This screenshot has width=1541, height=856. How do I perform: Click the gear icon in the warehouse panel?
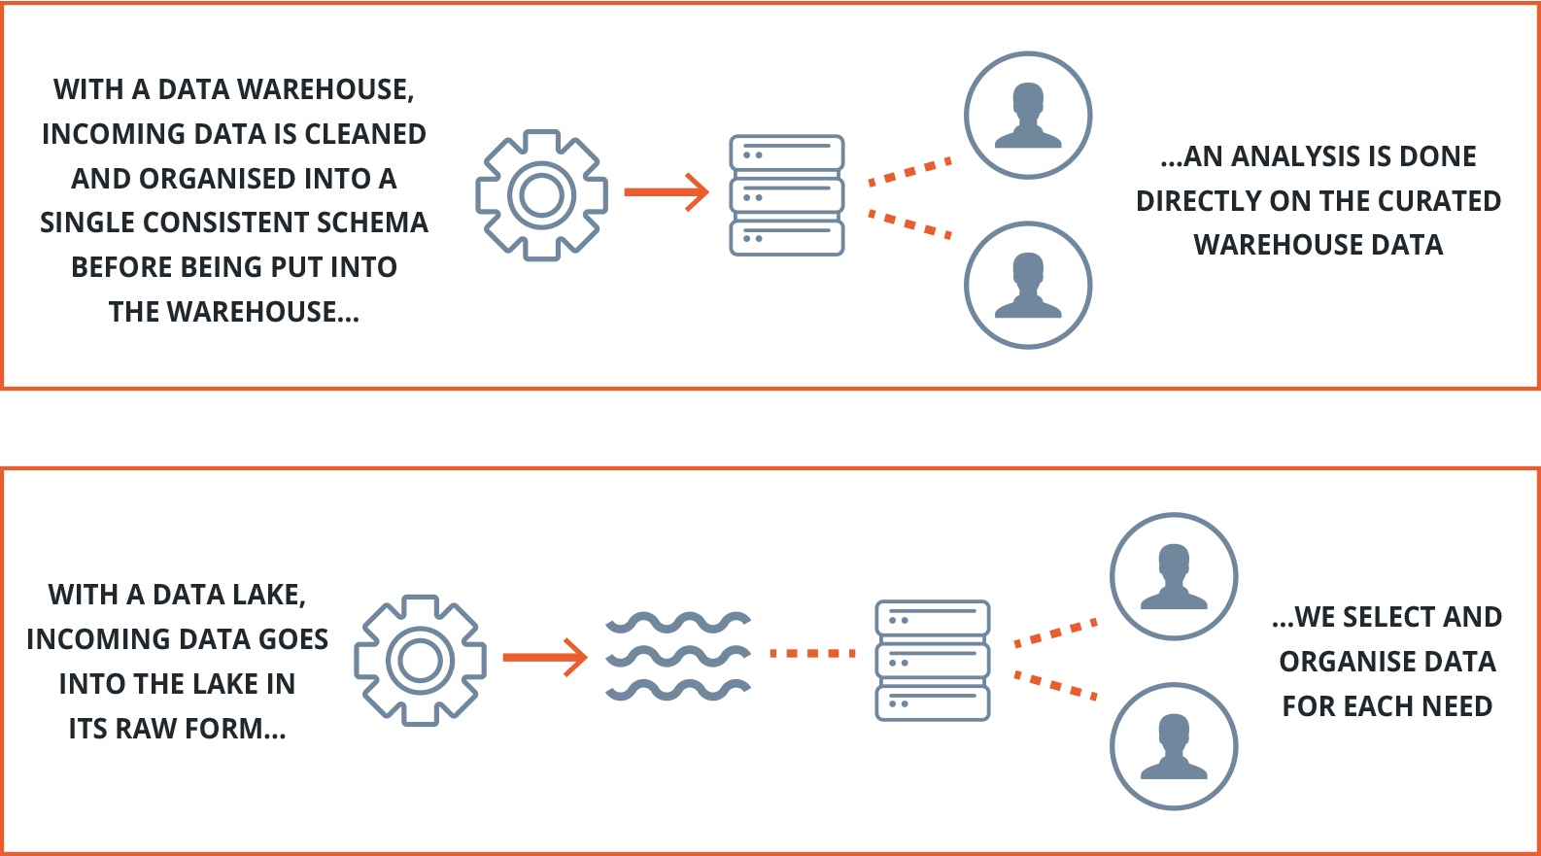coord(541,194)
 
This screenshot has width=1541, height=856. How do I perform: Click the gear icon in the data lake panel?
coord(420,660)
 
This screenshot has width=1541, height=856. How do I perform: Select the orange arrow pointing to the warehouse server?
coord(668,192)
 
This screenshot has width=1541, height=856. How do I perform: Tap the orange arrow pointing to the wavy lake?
coord(546,658)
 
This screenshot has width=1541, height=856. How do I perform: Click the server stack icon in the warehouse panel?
coord(786,195)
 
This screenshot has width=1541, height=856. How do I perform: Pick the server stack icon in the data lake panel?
coord(932,661)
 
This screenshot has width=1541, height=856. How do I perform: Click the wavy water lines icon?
coord(678,657)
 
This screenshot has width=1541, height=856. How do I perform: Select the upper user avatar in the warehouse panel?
coord(1028,116)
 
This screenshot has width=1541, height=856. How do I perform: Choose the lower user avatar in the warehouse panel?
coord(1028,285)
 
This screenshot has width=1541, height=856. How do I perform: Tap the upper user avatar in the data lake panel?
coord(1174,576)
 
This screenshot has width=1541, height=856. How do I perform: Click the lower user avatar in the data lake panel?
coord(1174,746)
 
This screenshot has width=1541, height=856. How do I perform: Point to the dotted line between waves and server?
coord(812,654)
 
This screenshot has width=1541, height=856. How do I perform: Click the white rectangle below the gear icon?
coord(535,354)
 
